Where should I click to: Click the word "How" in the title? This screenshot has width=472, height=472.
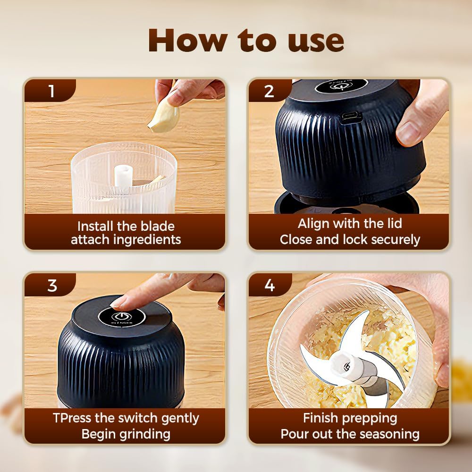[185, 41]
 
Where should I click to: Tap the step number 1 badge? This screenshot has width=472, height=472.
[51, 91]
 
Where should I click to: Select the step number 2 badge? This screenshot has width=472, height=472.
[269, 91]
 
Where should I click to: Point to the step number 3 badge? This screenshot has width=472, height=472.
[52, 285]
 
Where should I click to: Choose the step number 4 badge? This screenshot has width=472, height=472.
[270, 285]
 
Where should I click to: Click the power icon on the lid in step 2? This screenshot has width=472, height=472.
[337, 86]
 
